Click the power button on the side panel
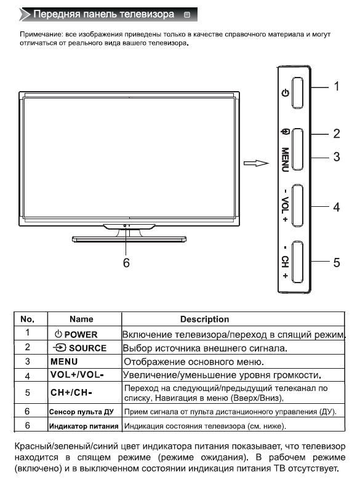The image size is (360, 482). [x=297, y=92]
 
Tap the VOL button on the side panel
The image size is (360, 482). [x=297, y=206]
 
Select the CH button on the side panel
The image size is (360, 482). [x=297, y=262]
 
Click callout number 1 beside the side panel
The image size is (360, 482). [x=337, y=86]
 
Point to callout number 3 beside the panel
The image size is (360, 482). [x=337, y=157]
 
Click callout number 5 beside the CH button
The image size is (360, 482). [x=337, y=262]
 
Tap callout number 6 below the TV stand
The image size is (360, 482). [x=126, y=263]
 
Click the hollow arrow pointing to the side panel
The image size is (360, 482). [x=256, y=163]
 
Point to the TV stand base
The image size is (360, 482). [x=129, y=239]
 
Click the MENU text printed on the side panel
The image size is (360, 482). [x=285, y=159]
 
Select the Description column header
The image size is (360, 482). [x=205, y=319]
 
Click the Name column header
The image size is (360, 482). [x=81, y=319]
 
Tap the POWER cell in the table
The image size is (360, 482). [x=76, y=334]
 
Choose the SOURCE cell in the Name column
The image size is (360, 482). [x=79, y=348]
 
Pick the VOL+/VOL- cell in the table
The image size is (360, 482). [x=77, y=375]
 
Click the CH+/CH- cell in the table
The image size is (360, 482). [x=71, y=393]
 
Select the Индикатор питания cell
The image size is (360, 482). [x=84, y=426]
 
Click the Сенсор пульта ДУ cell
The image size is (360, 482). [x=81, y=412]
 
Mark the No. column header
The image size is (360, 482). [x=27, y=319]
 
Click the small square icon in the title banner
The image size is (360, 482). [x=187, y=14]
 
